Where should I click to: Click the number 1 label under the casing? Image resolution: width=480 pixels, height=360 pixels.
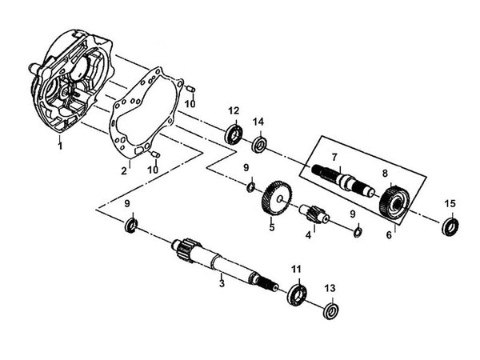pos(58,147)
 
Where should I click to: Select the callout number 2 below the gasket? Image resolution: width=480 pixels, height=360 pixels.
pos(125,170)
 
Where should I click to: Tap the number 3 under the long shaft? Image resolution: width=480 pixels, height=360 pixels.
pos(222,282)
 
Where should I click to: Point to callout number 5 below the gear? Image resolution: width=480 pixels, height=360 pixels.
pos(271,229)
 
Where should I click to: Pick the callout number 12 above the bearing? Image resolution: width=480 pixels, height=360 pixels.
pos(234,111)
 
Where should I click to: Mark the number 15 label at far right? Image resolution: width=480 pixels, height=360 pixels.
pos(450,202)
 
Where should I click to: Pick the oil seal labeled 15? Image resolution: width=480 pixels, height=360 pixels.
pos(450,226)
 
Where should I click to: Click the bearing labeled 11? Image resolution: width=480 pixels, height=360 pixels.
pos(295,293)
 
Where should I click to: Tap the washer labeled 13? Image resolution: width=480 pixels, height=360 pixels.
pos(330,310)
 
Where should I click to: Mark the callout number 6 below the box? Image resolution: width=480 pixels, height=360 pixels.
pos(390,235)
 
